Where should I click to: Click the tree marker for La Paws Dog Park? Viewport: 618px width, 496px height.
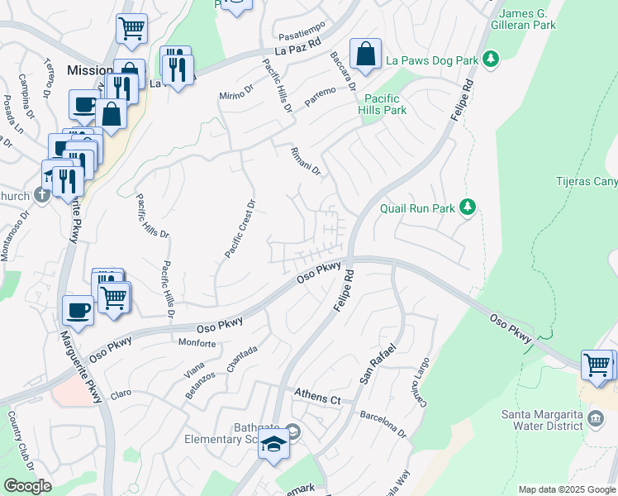pyautogui.click(x=492, y=59)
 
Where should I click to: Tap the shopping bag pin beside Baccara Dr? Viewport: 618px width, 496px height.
pyautogui.click(x=365, y=55)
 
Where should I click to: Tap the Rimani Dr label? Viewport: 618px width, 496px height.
pyautogui.click(x=305, y=161)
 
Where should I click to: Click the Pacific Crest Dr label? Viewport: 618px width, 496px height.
pyautogui.click(x=239, y=228)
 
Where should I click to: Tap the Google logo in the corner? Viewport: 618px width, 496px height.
pyautogui.click(x=26, y=486)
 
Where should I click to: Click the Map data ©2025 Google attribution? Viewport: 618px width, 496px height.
pyautogui.click(x=566, y=489)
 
